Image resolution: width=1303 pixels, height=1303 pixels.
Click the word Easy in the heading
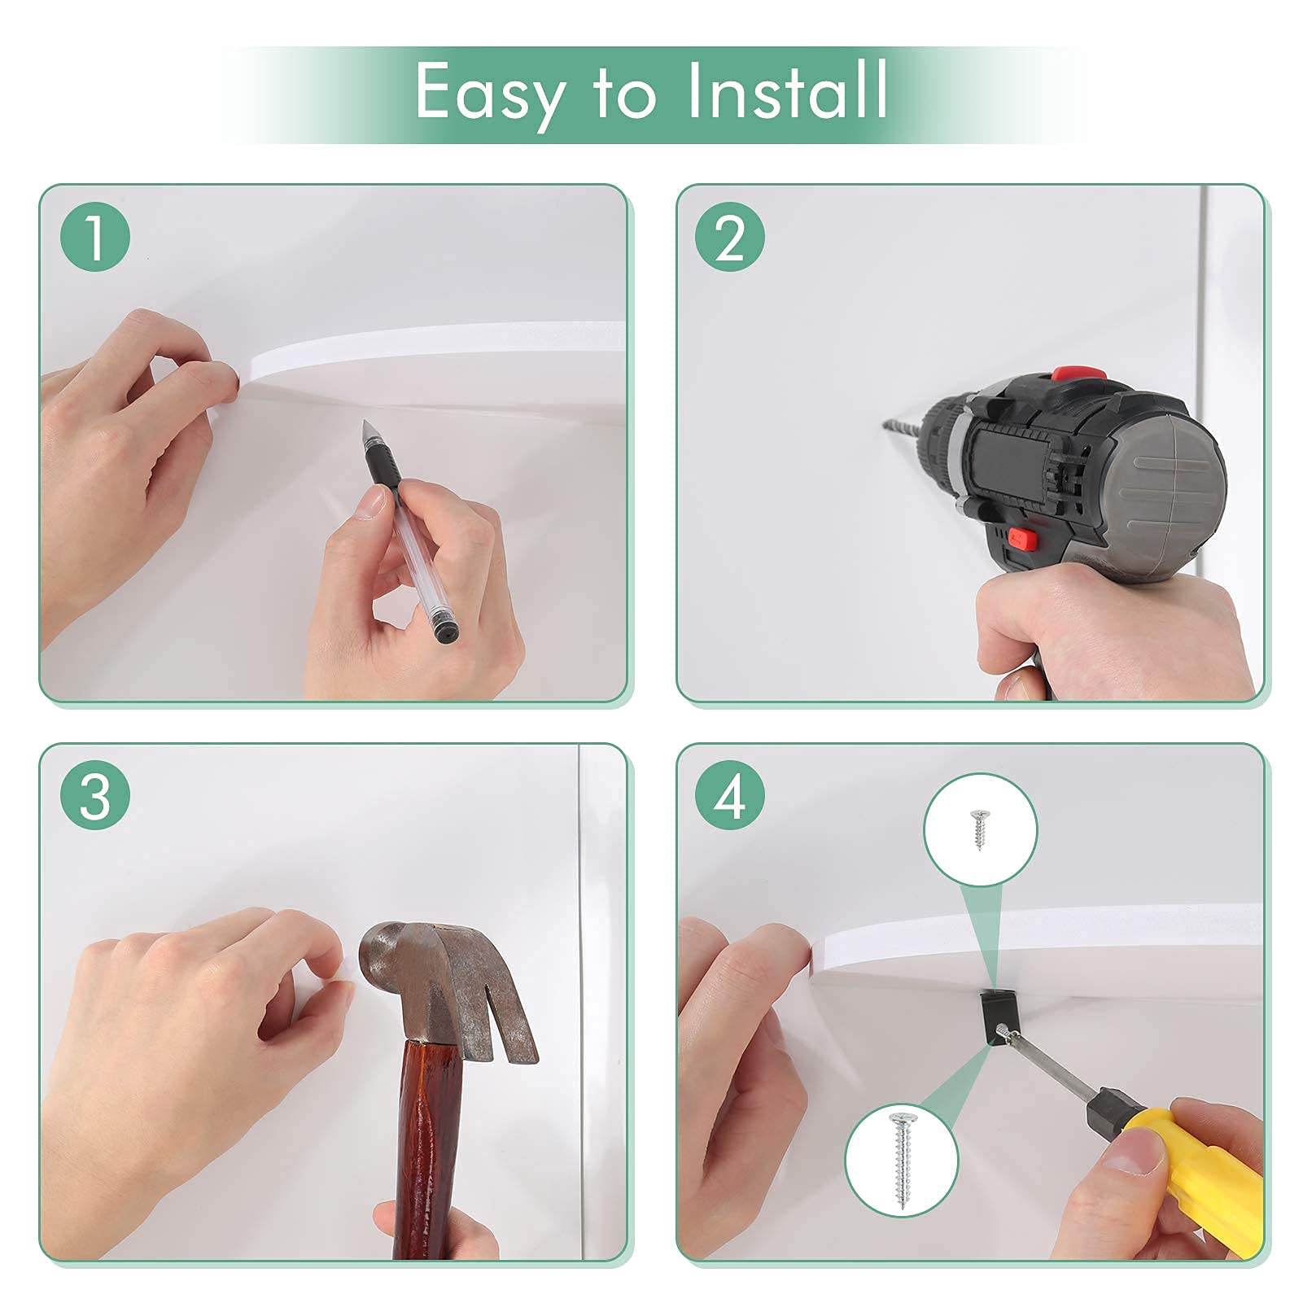click(490, 93)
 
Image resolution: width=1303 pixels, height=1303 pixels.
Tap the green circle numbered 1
click(95, 237)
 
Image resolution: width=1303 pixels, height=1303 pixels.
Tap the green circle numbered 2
click(730, 237)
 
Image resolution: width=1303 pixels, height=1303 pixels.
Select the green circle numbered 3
click(95, 795)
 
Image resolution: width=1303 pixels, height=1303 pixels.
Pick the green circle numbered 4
click(730, 795)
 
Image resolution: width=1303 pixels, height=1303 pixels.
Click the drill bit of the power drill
click(907, 431)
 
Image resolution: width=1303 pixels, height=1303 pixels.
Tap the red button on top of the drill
click(1078, 372)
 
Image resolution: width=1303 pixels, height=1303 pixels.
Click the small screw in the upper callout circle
click(979, 829)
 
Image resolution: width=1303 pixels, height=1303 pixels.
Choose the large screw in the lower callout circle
click(902, 1159)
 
